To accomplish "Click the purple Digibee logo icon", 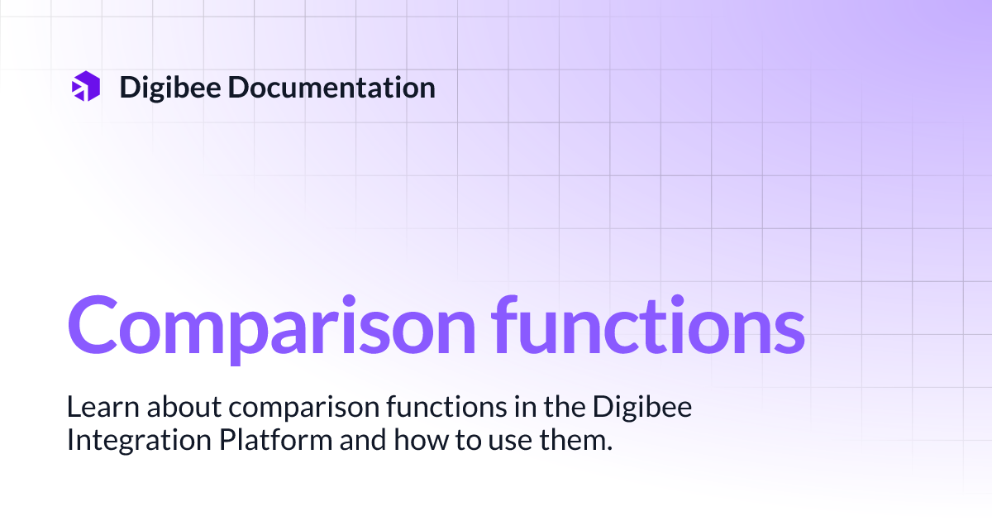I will [86, 87].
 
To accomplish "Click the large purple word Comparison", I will [270, 324].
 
